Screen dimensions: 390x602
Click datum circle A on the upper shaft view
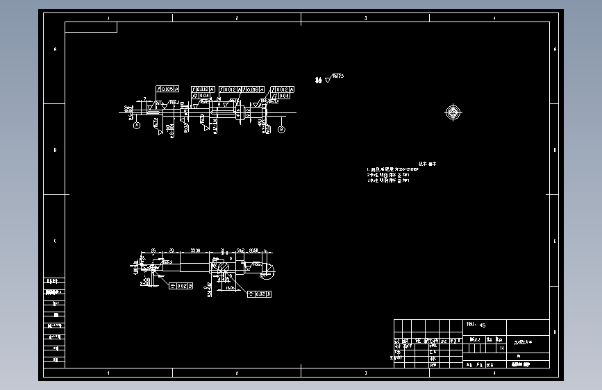click(137, 125)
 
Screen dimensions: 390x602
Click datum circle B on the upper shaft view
click(282, 129)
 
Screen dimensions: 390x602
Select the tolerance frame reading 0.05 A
click(167, 90)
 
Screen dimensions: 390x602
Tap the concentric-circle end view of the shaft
click(453, 112)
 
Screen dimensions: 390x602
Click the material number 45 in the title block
click(483, 325)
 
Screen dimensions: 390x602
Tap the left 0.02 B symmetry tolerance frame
click(181, 286)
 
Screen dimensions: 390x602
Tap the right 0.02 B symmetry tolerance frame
click(259, 294)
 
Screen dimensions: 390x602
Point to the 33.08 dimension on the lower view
click(195, 249)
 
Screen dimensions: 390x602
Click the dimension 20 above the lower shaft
click(172, 249)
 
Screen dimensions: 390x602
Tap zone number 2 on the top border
click(237, 17)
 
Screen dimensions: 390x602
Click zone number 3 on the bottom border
click(365, 373)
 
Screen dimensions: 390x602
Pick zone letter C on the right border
click(555, 241)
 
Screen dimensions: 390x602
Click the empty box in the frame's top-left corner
click(91, 27)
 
